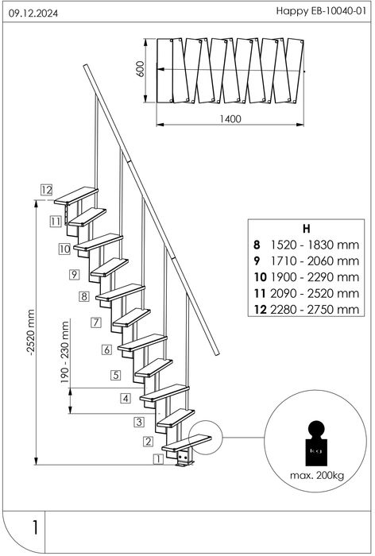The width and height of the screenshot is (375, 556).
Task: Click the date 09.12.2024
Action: (33, 14)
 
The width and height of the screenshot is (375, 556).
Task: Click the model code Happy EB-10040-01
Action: (321, 11)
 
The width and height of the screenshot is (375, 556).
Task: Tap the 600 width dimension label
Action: (141, 69)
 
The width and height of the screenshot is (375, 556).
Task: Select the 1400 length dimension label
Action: (230, 119)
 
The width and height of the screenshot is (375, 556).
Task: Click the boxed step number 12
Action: (46, 190)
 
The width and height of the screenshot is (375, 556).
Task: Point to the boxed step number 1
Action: (158, 459)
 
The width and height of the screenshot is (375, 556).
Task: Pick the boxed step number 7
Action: (96, 322)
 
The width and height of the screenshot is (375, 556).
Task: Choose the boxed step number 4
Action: (126, 398)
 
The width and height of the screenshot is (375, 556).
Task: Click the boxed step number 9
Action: (74, 274)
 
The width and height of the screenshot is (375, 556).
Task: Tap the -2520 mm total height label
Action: (30, 332)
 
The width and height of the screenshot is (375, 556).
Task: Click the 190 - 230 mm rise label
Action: (65, 352)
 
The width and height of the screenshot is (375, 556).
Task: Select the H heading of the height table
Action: (307, 229)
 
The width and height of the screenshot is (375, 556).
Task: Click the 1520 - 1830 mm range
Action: (315, 245)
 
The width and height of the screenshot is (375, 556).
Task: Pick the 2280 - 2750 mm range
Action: (315, 310)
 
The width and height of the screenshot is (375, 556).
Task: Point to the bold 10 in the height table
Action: (260, 277)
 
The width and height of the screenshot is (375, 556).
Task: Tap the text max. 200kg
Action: (317, 476)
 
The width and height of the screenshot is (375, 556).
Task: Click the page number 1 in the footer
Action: (35, 527)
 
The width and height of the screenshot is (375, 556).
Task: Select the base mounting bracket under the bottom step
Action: (184, 458)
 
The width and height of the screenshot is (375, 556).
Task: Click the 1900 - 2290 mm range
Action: (315, 277)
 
